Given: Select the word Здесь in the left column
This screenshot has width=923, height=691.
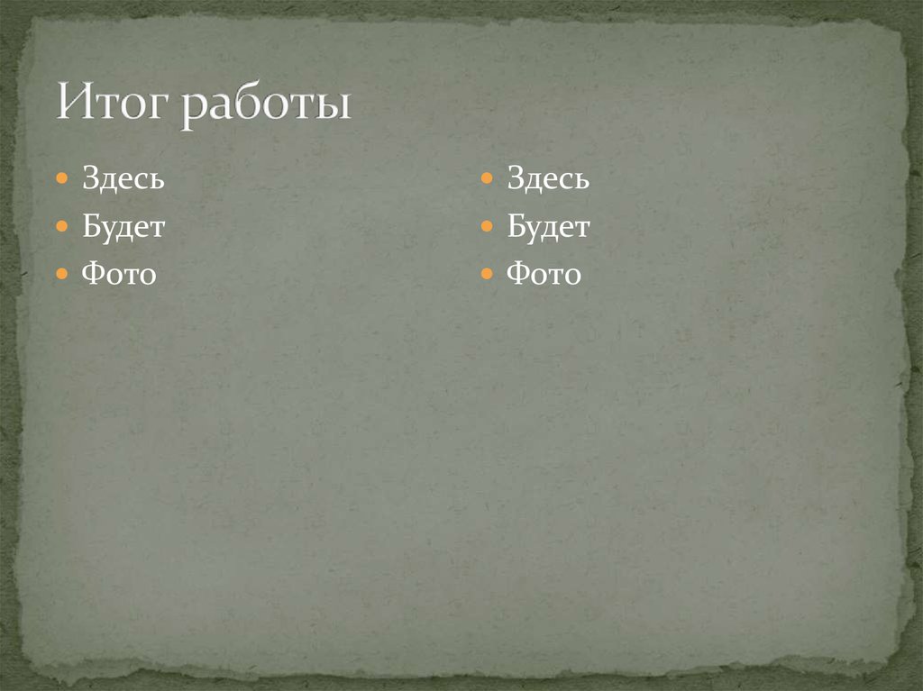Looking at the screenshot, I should pyautogui.click(x=123, y=178).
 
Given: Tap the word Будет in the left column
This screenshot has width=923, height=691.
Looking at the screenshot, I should pyautogui.click(x=123, y=226).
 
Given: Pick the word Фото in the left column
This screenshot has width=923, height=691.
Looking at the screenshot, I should pyautogui.click(x=119, y=273).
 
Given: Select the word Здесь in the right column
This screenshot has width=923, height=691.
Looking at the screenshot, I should pyautogui.click(x=548, y=178).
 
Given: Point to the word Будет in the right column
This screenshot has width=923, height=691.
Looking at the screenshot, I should pyautogui.click(x=548, y=226).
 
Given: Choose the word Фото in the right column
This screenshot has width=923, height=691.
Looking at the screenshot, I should pyautogui.click(x=544, y=273).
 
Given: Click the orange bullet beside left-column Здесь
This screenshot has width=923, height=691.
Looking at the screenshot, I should pyautogui.click(x=61, y=178).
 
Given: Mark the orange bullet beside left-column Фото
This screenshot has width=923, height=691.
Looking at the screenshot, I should pyautogui.click(x=61, y=272).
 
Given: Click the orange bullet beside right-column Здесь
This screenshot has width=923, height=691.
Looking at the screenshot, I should pyautogui.click(x=486, y=178).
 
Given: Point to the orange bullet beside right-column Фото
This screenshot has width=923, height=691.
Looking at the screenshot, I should pyautogui.click(x=486, y=272).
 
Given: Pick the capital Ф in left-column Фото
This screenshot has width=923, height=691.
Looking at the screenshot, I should pyautogui.click(x=93, y=273).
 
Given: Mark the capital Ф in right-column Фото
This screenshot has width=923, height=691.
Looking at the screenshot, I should pyautogui.click(x=517, y=273).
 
